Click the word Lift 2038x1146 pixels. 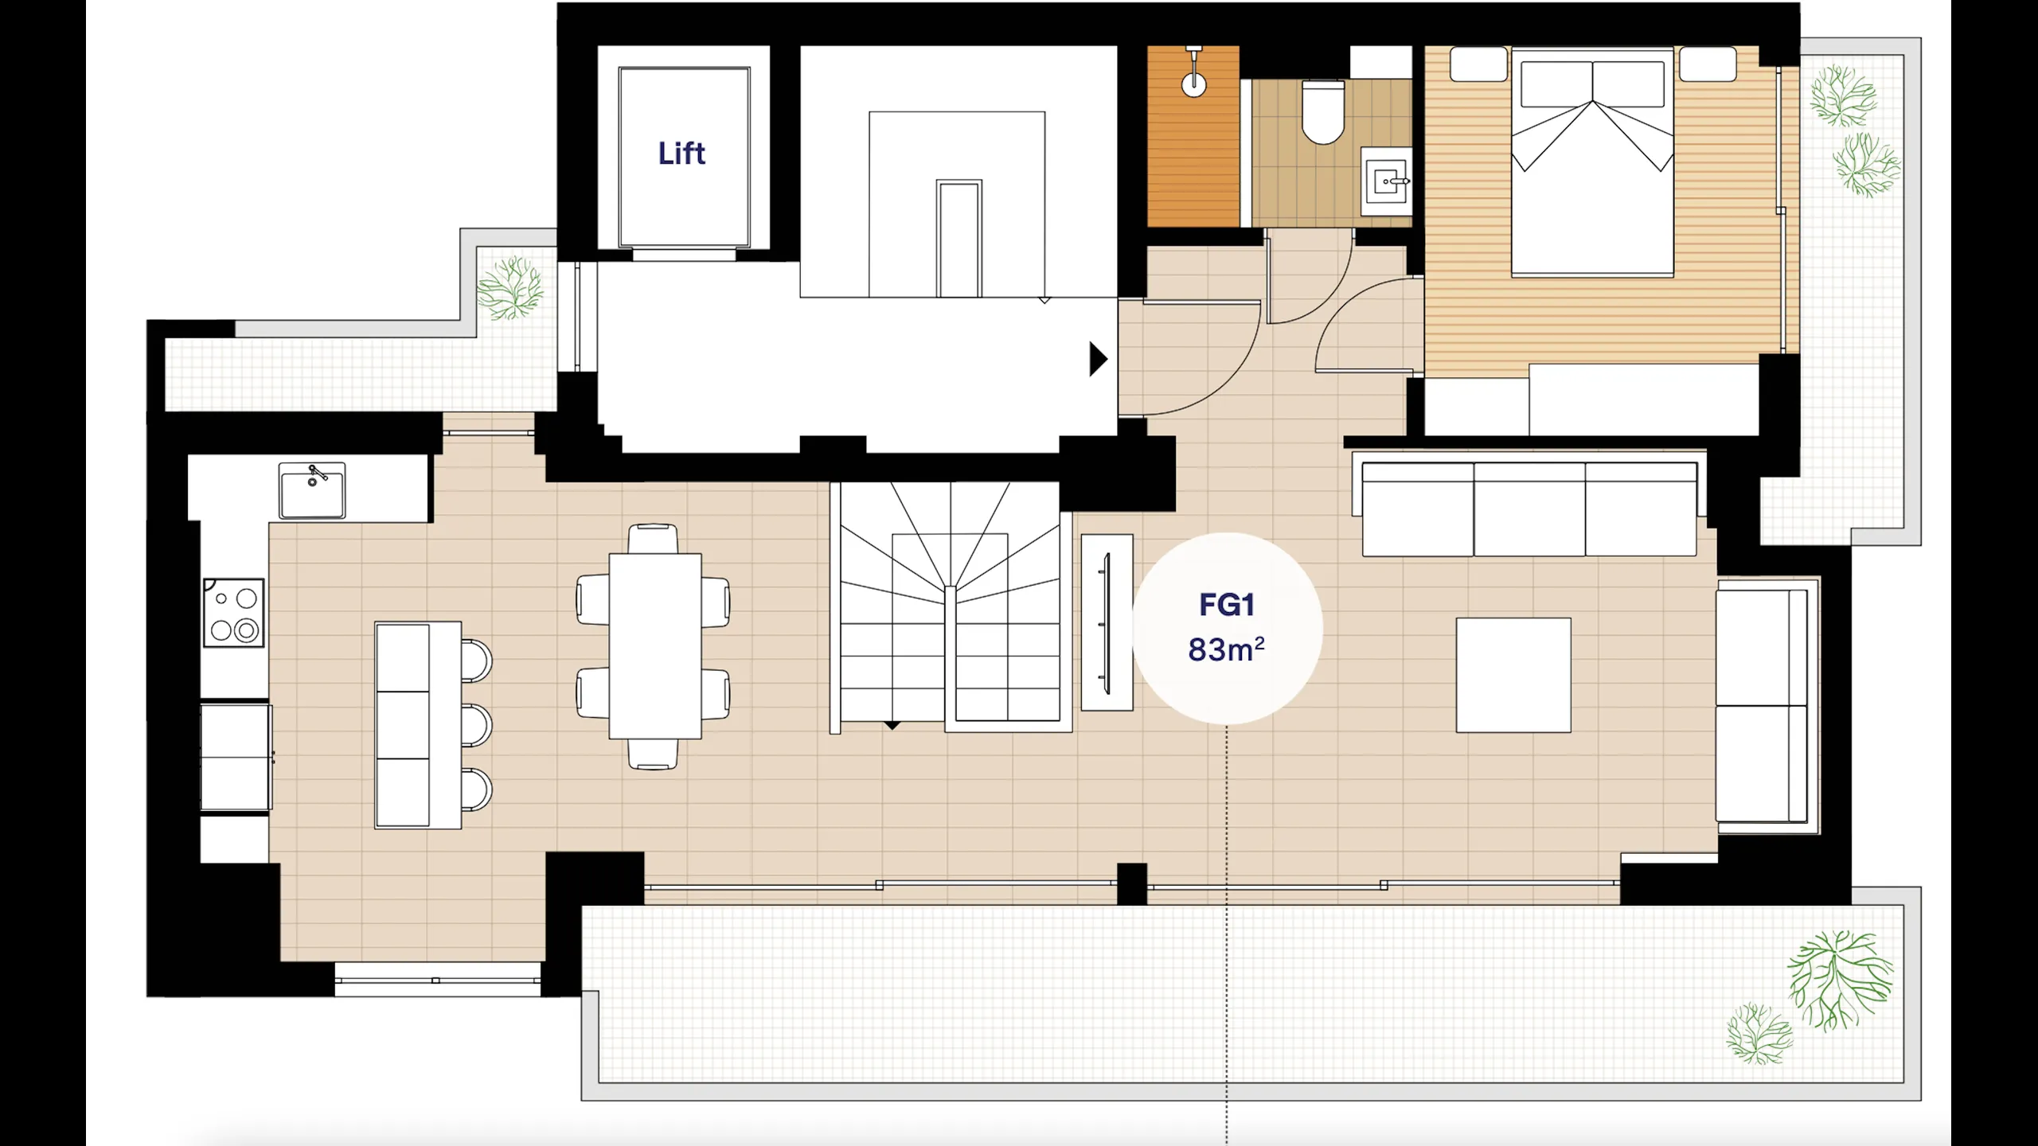point(681,153)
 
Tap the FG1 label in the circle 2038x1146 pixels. point(1227,605)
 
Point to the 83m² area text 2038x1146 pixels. point(1226,649)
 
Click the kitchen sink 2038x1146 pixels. point(312,490)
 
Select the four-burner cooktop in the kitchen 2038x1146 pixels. point(233,612)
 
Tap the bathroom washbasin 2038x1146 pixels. point(1386,181)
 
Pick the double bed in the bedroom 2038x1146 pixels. point(1592,162)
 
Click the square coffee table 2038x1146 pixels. point(1513,675)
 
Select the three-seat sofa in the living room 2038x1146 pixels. point(1529,509)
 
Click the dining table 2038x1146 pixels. point(655,646)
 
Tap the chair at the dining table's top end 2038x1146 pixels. point(653,539)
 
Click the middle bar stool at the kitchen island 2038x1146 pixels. point(476,724)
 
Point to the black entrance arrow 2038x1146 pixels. point(1099,359)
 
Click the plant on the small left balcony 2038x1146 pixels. point(510,288)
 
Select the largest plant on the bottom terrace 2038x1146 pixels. point(1840,980)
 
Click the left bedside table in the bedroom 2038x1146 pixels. point(1478,64)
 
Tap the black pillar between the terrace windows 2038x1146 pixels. point(1132,883)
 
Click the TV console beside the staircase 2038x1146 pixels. point(1107,622)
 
